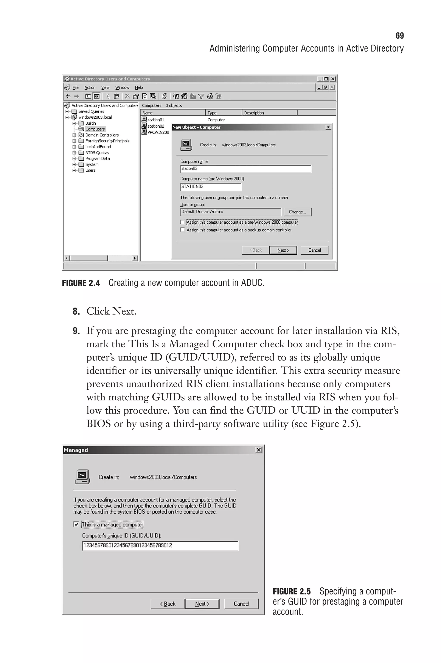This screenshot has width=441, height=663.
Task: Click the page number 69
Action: tap(399, 36)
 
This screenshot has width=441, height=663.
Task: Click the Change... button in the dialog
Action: tap(297, 212)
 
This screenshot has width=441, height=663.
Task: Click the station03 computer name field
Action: tap(245, 169)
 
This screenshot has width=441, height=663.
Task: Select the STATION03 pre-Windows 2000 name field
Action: tap(210, 187)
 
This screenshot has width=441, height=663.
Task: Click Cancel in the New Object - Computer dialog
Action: tap(314, 250)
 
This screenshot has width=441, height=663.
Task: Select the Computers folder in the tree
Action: tap(95, 129)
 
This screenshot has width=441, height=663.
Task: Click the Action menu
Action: tap(90, 88)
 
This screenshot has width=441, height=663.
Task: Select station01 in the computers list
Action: tap(155, 120)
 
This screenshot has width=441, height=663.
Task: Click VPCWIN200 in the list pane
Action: tap(158, 133)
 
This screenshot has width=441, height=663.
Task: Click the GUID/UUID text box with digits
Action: tap(160, 546)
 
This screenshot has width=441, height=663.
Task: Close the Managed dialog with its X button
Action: tap(258, 450)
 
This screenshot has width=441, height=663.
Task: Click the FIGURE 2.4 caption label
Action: tap(81, 283)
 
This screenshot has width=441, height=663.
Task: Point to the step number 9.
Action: tap(76, 331)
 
